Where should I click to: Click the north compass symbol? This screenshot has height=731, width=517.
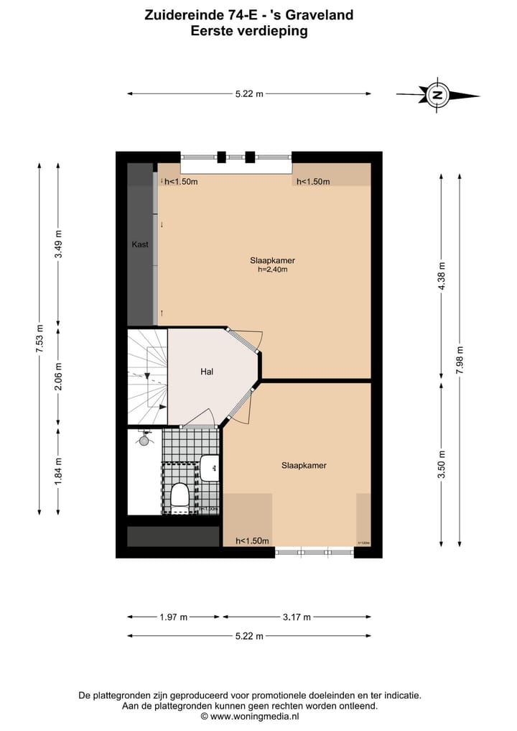click(437, 94)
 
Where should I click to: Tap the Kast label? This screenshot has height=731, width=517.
click(140, 244)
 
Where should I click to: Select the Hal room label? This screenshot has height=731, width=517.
click(208, 372)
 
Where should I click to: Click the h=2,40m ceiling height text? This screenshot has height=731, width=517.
click(272, 270)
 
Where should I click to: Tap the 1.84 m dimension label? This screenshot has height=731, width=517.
click(59, 471)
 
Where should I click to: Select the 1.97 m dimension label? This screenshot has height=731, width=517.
click(173, 617)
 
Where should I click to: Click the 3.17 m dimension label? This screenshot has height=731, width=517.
click(297, 617)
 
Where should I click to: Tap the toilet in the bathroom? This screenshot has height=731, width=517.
click(180, 495)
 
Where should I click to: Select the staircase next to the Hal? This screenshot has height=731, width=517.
click(147, 377)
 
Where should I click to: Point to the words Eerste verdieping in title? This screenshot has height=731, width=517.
click(249, 31)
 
